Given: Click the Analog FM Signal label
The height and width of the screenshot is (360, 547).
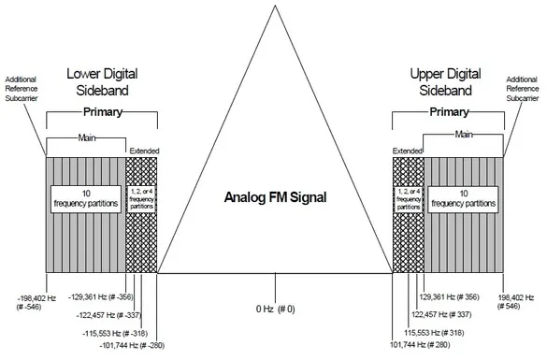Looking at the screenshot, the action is pyautogui.click(x=275, y=197).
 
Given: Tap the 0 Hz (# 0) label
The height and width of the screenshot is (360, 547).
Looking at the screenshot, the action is pyautogui.click(x=275, y=309).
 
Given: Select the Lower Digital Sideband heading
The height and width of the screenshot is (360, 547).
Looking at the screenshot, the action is pyautogui.click(x=102, y=82).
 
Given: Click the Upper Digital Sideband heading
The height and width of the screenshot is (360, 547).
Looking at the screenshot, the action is pyautogui.click(x=445, y=82).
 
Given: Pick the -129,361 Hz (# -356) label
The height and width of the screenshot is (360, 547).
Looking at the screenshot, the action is pyautogui.click(x=101, y=297).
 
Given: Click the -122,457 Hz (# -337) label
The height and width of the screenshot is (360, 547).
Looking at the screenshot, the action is pyautogui.click(x=108, y=315).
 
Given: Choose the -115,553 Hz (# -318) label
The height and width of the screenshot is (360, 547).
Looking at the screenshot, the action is pyautogui.click(x=115, y=333).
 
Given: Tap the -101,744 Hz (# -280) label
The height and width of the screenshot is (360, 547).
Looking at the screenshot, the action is pyautogui.click(x=132, y=345).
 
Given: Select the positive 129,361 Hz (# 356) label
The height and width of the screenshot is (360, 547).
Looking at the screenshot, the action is pyautogui.click(x=449, y=296).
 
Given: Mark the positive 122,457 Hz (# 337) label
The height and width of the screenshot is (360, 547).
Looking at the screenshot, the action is pyautogui.click(x=441, y=314).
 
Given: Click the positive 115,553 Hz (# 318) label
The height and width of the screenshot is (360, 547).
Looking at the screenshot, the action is pyautogui.click(x=434, y=333).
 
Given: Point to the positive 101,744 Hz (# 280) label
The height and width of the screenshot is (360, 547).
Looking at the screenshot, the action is pyautogui.click(x=420, y=345).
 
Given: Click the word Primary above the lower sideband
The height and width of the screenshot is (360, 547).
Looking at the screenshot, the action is pyautogui.click(x=103, y=112).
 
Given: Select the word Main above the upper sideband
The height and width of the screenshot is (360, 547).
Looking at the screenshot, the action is pyautogui.click(x=464, y=134).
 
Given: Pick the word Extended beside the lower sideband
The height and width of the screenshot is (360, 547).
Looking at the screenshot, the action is pyautogui.click(x=144, y=151).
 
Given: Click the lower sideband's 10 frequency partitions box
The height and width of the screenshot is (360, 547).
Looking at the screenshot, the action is pyautogui.click(x=86, y=199).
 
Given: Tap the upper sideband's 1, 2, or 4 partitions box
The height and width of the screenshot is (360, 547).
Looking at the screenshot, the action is pyautogui.click(x=409, y=199).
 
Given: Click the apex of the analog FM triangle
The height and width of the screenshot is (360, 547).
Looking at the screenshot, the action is pyautogui.click(x=275, y=6).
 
